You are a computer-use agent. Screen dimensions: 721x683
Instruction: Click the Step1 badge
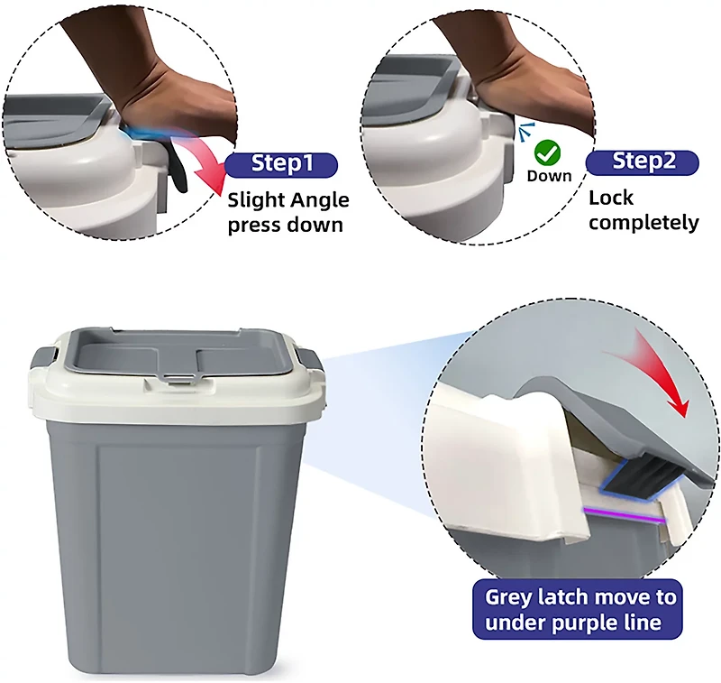click(281, 165)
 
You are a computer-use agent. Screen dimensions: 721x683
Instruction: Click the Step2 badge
click(643, 162)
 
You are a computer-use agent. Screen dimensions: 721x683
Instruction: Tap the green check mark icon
click(547, 153)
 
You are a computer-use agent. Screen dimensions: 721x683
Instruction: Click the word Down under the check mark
click(549, 176)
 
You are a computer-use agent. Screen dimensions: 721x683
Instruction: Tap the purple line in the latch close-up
click(624, 515)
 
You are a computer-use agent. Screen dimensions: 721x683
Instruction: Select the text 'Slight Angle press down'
click(288, 212)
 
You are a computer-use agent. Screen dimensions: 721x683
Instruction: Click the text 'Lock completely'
click(643, 210)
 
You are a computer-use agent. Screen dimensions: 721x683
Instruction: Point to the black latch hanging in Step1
click(178, 170)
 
